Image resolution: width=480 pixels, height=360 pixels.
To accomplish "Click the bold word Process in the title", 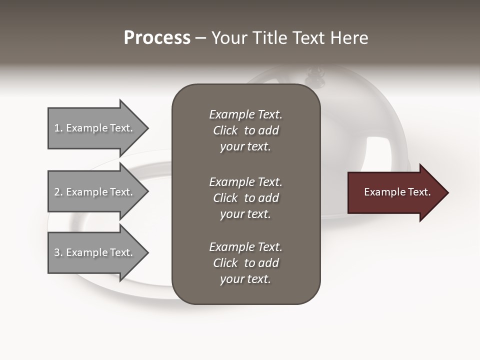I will [157, 38].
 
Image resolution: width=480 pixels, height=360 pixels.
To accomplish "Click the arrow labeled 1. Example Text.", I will [95, 128].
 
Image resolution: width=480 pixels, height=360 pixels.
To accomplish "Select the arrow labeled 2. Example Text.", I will [95, 192].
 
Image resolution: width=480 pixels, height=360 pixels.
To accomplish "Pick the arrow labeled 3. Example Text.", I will [95, 252].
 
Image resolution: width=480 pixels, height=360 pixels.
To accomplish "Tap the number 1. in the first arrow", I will [58, 128].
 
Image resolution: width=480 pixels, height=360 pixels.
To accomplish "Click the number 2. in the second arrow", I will [58, 192].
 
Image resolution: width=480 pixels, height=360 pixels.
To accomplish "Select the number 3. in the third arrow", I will [58, 252].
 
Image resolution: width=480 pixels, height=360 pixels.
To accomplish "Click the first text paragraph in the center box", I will [245, 130].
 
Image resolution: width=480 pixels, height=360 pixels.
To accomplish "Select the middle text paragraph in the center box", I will [245, 198].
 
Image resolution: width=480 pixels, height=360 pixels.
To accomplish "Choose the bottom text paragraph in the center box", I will [245, 263].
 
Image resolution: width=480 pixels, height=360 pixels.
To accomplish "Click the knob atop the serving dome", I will [315, 74].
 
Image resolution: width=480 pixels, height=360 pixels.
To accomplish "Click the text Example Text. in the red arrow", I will [397, 192].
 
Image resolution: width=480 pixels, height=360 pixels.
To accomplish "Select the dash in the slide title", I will [200, 38].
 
